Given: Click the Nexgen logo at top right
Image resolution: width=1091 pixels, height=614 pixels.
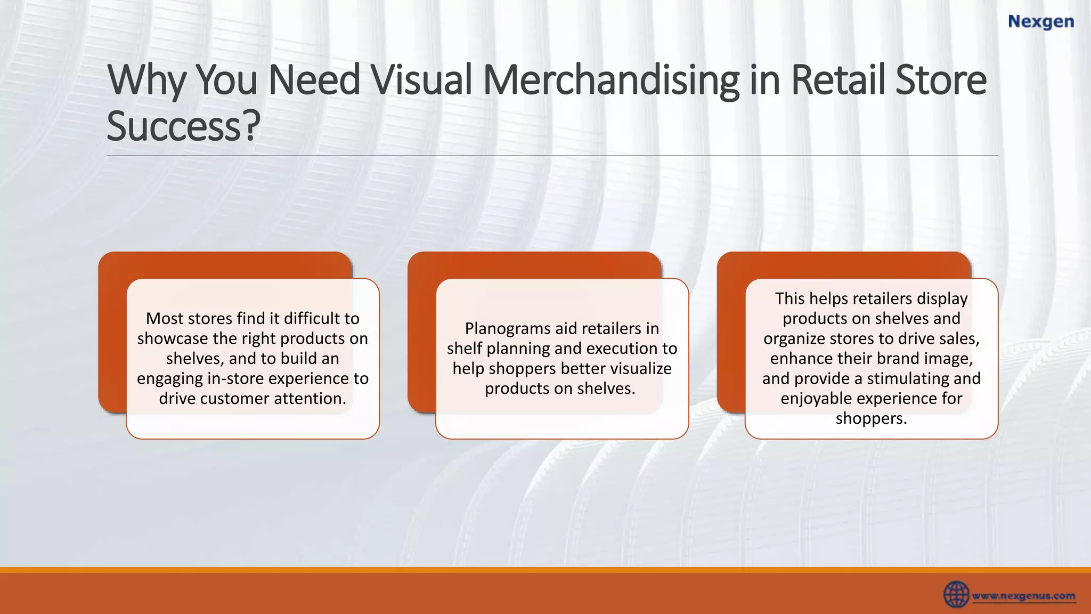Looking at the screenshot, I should click(1041, 22).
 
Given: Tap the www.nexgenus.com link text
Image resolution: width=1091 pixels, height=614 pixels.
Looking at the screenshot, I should click(1023, 596).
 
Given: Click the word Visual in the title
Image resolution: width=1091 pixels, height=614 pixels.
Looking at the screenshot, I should click(421, 80).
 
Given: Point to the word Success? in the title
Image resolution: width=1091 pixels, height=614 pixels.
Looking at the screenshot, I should click(183, 126).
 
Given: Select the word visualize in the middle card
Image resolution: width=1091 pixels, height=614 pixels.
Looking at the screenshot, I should click(641, 368).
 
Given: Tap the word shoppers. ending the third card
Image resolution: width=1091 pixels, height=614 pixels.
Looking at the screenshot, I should click(871, 418).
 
